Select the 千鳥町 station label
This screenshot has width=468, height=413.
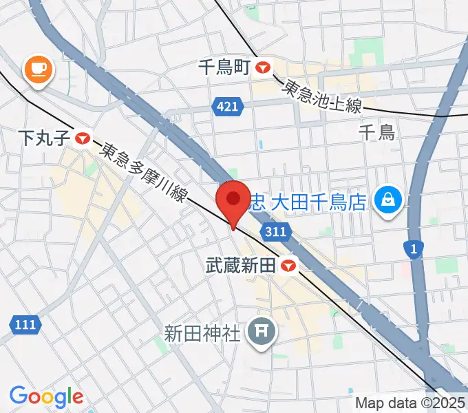(x=224, y=67)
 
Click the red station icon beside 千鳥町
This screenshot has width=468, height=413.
(x=263, y=67)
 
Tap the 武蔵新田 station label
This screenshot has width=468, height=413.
(x=244, y=264)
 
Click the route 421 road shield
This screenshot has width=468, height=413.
(x=226, y=107)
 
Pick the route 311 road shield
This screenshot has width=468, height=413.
(x=274, y=232)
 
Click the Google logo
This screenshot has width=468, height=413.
(x=46, y=396)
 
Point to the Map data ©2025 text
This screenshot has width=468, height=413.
(x=409, y=403)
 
